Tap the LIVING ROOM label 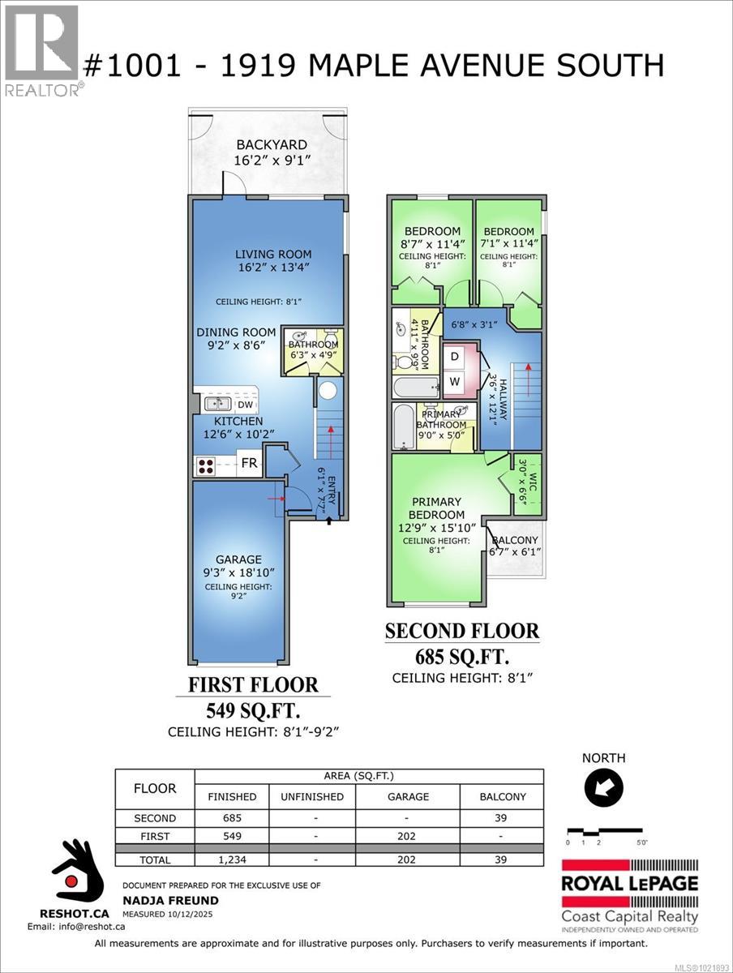(x=268, y=254)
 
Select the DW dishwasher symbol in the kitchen (x=244, y=404)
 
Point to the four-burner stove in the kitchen (x=205, y=466)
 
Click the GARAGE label (x=238, y=559)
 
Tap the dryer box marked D (x=455, y=357)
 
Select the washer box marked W (x=455, y=381)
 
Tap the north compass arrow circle (x=603, y=786)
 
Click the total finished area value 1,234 (x=231, y=859)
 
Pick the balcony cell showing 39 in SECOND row (x=502, y=818)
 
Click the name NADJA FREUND (x=159, y=900)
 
